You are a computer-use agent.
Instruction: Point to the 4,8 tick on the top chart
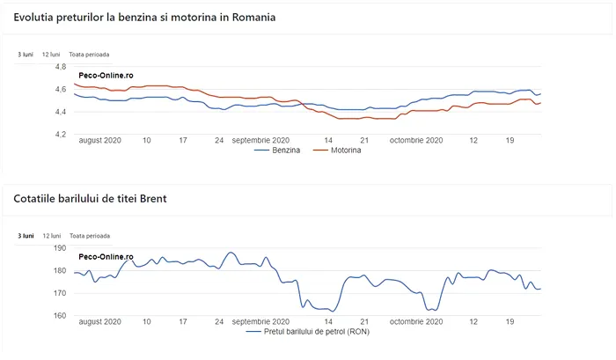61,67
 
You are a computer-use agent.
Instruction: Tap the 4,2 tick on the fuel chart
61,135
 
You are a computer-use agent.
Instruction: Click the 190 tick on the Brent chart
60,249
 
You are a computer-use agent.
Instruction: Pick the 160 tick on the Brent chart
60,316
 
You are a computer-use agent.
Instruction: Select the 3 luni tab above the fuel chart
26,54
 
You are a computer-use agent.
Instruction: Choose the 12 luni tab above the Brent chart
52,236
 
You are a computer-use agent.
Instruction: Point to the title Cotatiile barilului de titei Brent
90,199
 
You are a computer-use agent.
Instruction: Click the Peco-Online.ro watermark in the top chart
106,76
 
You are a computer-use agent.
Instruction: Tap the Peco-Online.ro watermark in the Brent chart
106,257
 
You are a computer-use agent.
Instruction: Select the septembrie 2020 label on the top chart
260,139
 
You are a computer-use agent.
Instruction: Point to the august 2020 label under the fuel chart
99,139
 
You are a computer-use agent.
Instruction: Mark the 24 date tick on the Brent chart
218,322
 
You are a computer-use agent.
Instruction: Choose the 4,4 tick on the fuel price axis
61,113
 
